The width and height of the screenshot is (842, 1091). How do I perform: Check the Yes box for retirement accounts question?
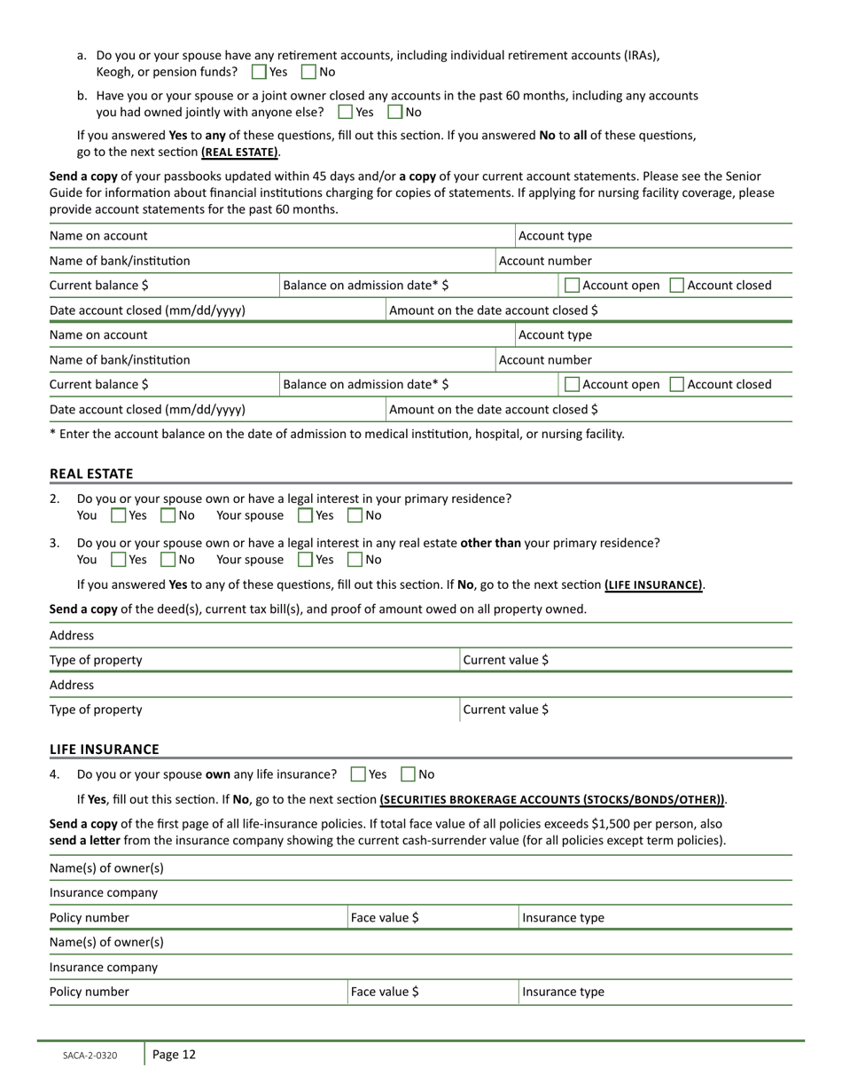click(259, 72)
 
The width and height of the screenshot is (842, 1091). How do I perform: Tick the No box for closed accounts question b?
click(395, 112)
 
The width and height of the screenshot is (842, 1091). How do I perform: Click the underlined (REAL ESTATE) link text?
click(239, 152)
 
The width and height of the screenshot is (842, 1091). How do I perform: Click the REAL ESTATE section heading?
click(91, 474)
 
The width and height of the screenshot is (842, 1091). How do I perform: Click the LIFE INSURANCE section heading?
click(104, 750)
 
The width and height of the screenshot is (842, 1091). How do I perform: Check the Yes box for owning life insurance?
click(358, 774)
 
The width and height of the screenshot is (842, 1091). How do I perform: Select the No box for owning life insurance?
click(409, 774)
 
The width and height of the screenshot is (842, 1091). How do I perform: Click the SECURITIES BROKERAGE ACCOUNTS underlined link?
click(552, 799)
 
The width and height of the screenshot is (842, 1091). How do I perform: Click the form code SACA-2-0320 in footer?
click(89, 1056)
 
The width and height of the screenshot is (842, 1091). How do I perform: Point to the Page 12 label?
click(174, 1055)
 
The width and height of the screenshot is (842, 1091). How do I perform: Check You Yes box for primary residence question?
click(118, 515)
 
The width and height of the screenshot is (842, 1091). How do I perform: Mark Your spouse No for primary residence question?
click(355, 515)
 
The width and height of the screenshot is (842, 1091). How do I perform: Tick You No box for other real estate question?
click(168, 560)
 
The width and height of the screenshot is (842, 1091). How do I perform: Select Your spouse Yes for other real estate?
click(305, 560)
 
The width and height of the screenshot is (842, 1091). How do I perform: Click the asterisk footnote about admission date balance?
click(337, 434)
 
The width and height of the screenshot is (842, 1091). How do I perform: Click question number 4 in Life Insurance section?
click(55, 774)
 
